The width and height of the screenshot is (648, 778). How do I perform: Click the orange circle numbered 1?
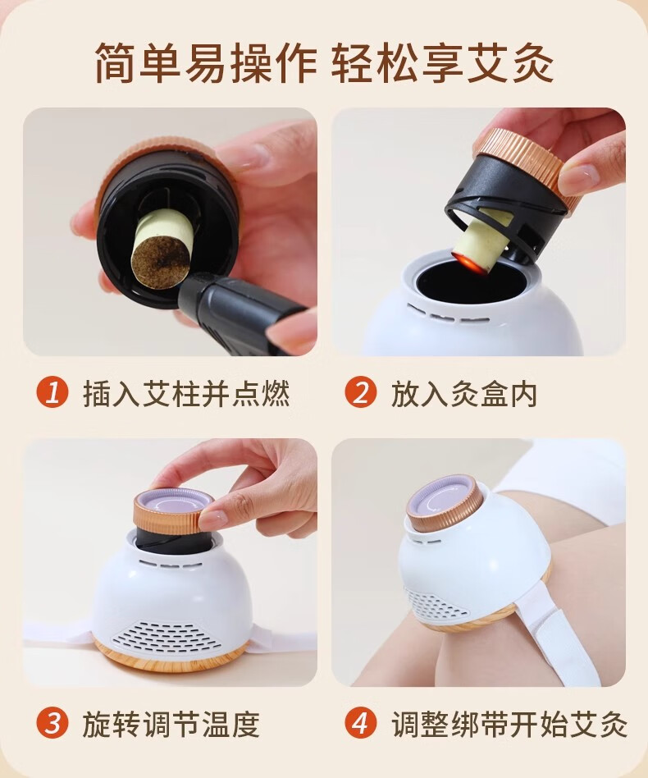point(52,392)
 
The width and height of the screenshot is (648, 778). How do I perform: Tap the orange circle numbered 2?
point(361,392)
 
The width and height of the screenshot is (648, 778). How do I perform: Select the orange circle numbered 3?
point(52,723)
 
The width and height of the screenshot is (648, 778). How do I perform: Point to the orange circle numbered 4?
point(361,723)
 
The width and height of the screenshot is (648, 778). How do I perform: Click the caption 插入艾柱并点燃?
point(186,393)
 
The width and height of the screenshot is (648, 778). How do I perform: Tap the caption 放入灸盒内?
point(464,393)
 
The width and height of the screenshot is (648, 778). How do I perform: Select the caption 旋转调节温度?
point(171,724)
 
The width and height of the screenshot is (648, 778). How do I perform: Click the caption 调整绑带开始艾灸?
point(509,724)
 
